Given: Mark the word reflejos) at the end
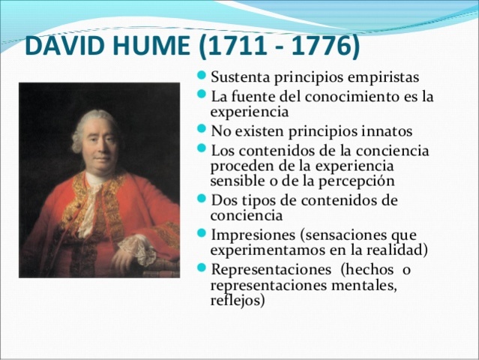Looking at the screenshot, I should [238, 301].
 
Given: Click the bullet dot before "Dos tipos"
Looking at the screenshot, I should [204, 200].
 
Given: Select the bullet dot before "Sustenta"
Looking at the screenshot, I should [204, 77].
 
